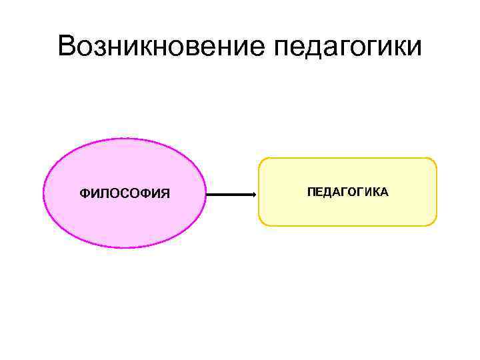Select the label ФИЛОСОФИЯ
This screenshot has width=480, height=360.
tap(125, 194)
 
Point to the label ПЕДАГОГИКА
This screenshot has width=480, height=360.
tap(347, 192)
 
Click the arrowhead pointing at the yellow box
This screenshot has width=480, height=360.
tap(253, 195)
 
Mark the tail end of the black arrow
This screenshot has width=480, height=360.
tap(207, 195)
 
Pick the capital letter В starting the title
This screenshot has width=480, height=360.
tap(67, 47)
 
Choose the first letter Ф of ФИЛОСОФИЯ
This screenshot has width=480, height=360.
tap(84, 194)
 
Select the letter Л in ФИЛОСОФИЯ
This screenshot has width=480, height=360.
tap(103, 194)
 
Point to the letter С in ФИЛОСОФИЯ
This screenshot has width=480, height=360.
tap(123, 194)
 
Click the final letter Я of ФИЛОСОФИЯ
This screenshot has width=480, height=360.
tap(165, 194)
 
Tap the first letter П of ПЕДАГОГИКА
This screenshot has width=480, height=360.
tap(311, 192)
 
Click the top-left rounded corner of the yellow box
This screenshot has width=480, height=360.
tap(262, 161)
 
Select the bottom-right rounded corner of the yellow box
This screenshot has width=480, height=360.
tap(433, 222)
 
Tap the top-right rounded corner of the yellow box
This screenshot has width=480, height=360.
tap(433, 161)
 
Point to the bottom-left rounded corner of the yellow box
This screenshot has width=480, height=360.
tap(262, 222)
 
